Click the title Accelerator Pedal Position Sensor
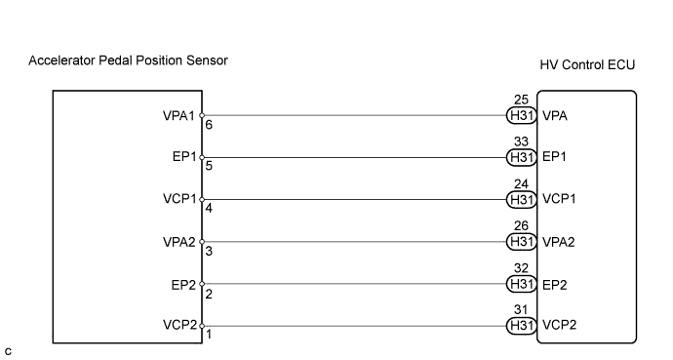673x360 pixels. pos(128,60)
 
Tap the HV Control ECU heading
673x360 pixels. pos(587,64)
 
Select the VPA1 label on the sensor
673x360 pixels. pos(178,116)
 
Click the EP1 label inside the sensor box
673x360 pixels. pos(184,157)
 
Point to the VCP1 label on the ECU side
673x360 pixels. pos(559,199)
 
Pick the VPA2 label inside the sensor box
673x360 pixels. pos(179,242)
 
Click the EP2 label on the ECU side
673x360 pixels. pos(555,285)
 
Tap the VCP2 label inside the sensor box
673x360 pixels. pos(179,325)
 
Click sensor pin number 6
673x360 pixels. pos(209,125)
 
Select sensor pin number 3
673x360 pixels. pos(209,251)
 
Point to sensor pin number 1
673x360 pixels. pos(209,335)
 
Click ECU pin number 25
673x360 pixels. pos(521,100)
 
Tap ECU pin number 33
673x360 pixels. pos(521,141)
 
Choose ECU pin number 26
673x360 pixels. pos(521,225)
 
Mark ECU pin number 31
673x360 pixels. pos(521,309)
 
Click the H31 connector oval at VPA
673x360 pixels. pos(522,115)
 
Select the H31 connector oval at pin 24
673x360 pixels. pos(522,200)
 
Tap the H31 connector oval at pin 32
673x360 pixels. pos(522,284)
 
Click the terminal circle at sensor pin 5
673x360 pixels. pos(202,157)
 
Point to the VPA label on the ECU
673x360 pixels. pos(555,116)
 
